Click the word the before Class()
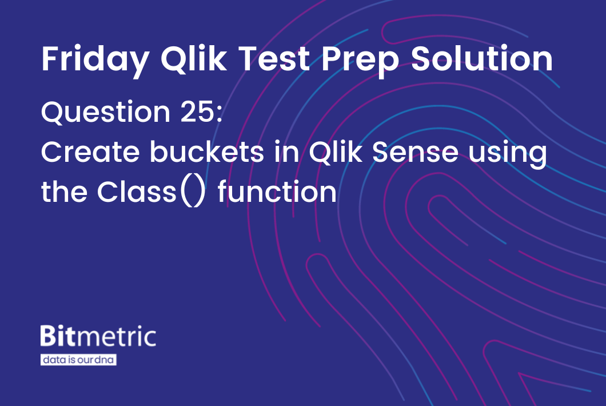(64, 192)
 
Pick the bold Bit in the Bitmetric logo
(57, 336)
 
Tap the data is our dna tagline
(78, 360)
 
